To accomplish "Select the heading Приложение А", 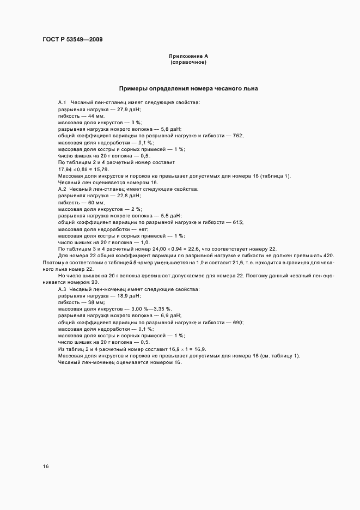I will click(x=188, y=56).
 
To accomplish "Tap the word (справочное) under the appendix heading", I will click(x=188, y=63).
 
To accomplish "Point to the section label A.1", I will click(x=62, y=102).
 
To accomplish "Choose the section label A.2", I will click(x=62, y=189).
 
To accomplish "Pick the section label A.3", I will click(x=62, y=289).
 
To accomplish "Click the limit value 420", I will click(x=328, y=256).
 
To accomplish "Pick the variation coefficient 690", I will click(x=237, y=323).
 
